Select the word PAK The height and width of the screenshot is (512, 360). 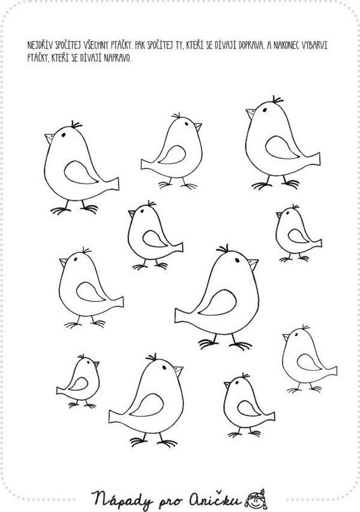[x=139, y=46]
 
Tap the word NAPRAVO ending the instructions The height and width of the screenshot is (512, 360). [x=118, y=58]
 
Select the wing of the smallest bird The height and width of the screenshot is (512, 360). [x=79, y=384]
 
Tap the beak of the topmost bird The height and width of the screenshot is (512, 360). [x=251, y=113]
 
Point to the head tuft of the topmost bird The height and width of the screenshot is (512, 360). [x=277, y=100]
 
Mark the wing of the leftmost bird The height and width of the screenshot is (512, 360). [x=81, y=172]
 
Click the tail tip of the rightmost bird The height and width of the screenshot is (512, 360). [x=336, y=370]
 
